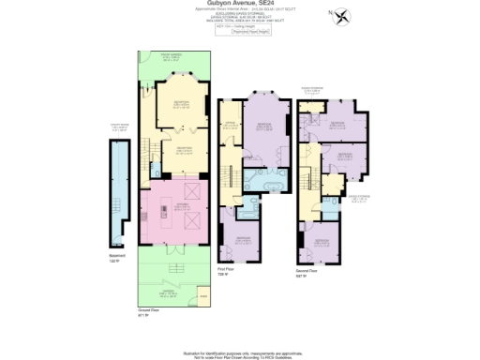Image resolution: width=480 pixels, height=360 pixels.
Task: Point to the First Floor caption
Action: [224, 271]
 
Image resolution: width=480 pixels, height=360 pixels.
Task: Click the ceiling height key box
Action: [240, 29]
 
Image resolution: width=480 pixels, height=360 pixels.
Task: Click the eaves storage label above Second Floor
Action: [311, 92]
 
